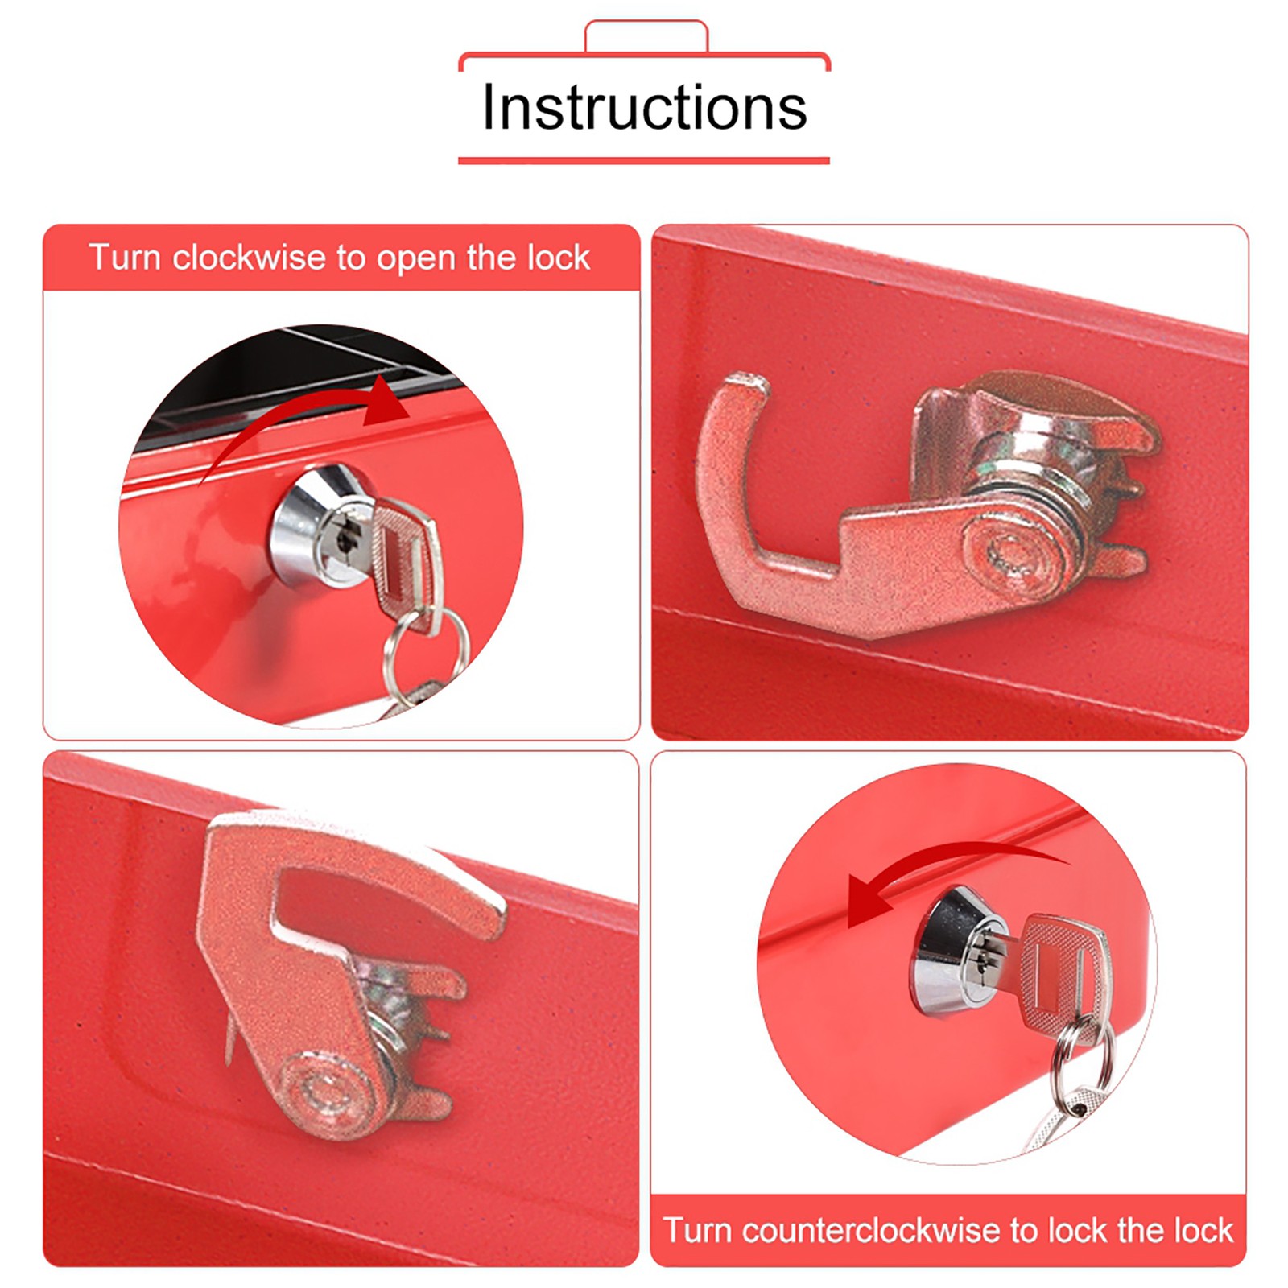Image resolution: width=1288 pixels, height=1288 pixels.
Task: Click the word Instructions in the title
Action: point(644,106)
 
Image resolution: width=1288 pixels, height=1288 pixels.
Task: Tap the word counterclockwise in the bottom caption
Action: point(871,1230)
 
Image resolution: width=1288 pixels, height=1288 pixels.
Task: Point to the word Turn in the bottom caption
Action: point(697,1230)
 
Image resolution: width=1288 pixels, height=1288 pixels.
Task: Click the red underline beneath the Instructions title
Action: point(644,160)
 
